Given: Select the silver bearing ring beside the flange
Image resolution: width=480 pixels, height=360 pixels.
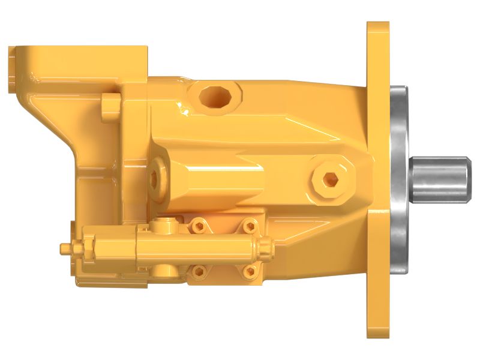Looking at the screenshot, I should coord(398,180).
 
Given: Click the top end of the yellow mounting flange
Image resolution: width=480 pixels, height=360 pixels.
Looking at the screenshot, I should coord(377,36).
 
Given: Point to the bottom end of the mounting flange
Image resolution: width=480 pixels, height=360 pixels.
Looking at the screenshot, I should coord(377,327).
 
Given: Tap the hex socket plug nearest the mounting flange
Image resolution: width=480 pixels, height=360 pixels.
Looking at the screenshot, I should coord(329,178).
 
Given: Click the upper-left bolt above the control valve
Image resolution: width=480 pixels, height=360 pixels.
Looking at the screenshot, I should coord(197,226).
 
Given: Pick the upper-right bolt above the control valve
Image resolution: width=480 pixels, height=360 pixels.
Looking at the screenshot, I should coord(248,226).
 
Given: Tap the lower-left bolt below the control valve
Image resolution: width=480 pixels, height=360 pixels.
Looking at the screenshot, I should coord(197,271).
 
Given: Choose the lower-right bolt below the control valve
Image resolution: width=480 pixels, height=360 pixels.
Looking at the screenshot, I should coord(248,271).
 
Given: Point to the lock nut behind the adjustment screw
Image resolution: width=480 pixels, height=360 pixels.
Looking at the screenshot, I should coord(87,247).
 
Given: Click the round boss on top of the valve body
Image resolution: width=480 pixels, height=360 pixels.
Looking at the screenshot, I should coord(160,226).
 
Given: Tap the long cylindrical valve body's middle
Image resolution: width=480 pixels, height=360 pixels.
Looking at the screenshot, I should coord(198,248).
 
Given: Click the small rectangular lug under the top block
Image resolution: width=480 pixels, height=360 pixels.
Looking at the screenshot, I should coord(110,103).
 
